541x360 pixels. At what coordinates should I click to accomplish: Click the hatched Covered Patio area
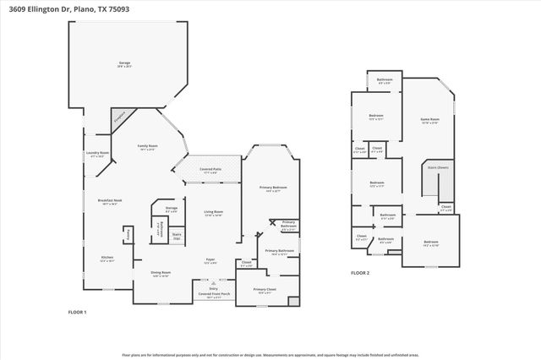point(212,171)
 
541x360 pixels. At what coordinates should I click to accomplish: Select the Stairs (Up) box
point(177,236)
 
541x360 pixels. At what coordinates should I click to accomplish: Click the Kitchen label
point(107,258)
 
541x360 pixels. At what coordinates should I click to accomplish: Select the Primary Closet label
point(265,291)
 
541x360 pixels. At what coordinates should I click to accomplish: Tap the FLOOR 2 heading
point(360,273)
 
